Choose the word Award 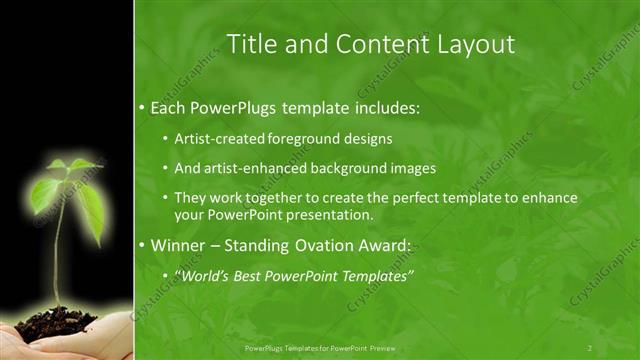click(x=386, y=244)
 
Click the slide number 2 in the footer click(x=590, y=347)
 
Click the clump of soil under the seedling click(x=56, y=323)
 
